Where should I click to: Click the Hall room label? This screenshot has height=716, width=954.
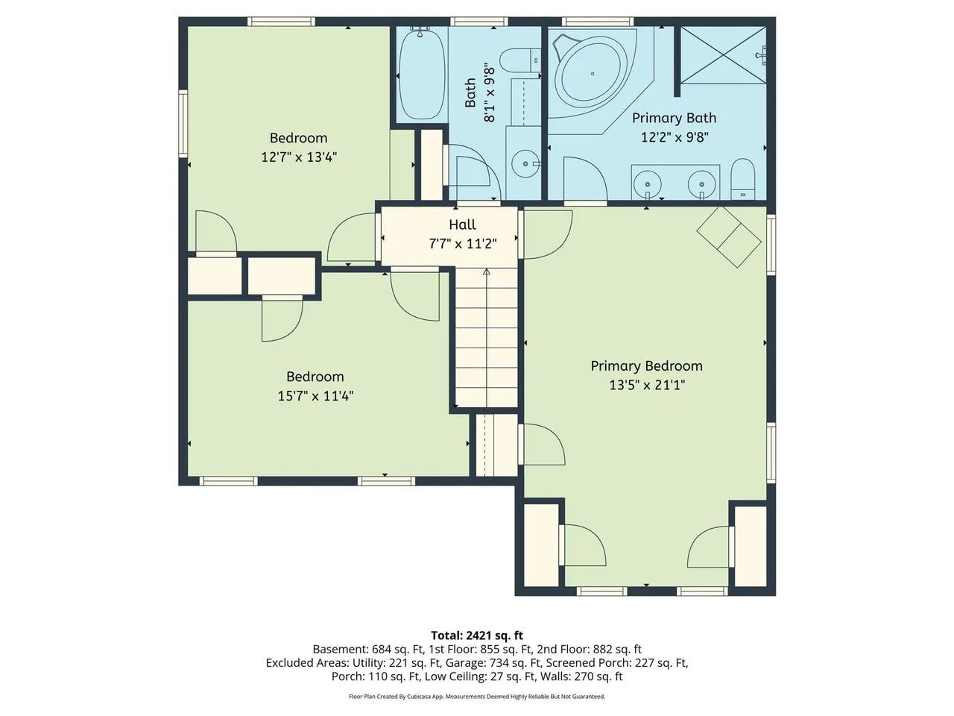click(x=462, y=224)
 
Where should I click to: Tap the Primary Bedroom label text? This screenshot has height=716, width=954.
click(x=646, y=366)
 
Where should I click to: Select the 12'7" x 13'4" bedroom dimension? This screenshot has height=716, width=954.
click(x=299, y=157)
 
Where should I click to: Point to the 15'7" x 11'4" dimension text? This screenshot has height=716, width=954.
click(x=315, y=396)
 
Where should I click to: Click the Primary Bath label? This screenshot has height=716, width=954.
click(x=674, y=118)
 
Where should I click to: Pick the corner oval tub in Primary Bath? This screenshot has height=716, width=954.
click(x=592, y=74)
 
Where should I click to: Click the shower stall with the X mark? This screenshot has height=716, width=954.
click(x=723, y=54)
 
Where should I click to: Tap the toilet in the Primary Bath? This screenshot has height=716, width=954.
click(x=743, y=179)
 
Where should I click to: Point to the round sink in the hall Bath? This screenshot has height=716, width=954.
click(x=525, y=163)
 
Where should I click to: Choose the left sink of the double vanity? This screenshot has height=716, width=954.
click(x=647, y=184)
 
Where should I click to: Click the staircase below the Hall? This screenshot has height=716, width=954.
click(x=487, y=338)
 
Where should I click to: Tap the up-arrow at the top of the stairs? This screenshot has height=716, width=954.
click(x=487, y=271)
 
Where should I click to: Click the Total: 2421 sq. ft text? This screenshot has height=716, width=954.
click(x=477, y=635)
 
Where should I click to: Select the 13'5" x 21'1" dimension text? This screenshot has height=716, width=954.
click(x=647, y=385)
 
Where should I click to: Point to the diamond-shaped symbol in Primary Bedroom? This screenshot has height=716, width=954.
click(x=729, y=237)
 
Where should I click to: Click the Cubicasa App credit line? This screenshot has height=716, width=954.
click(x=477, y=697)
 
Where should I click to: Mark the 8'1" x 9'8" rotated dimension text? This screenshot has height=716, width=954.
click(x=490, y=94)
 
